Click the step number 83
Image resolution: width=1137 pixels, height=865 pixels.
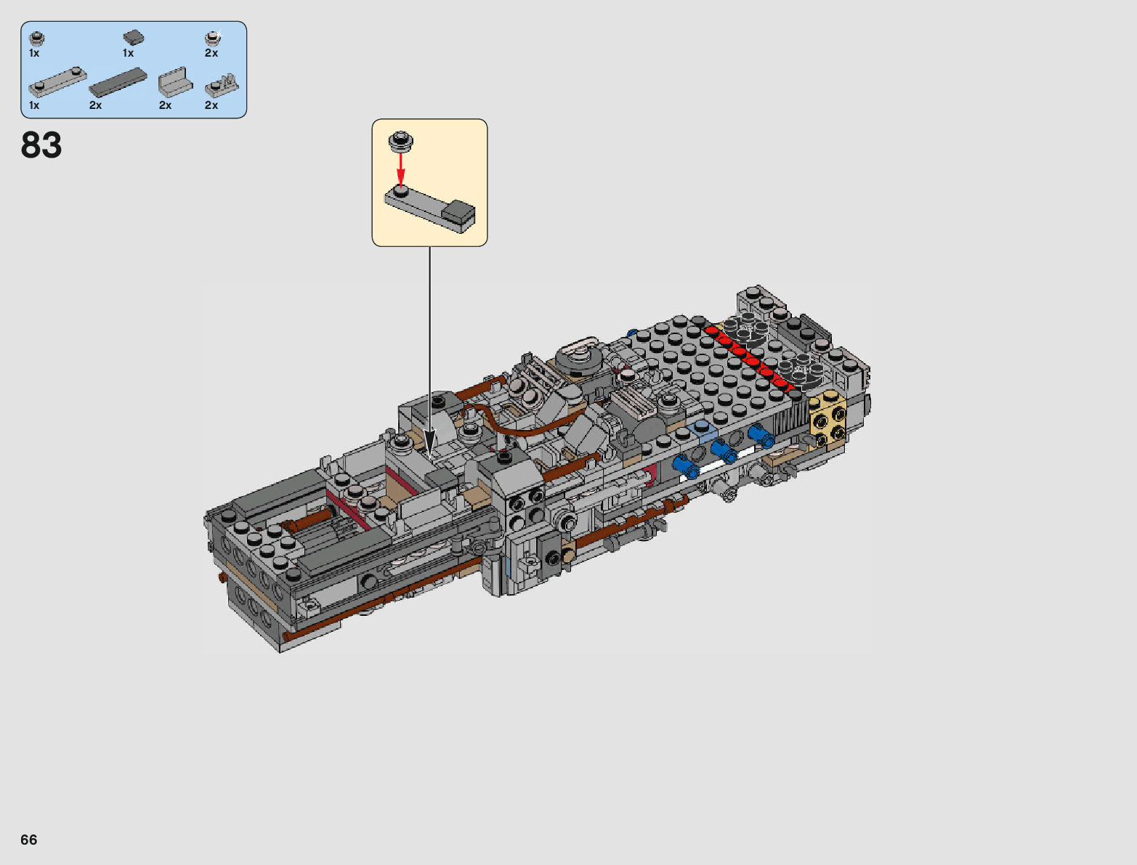[x=41, y=145]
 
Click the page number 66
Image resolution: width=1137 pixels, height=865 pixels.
[x=29, y=840]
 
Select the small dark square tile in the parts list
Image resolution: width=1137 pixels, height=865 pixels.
[x=134, y=37]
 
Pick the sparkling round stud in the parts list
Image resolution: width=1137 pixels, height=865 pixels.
[x=213, y=38]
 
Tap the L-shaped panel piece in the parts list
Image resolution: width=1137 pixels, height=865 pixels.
[x=175, y=82]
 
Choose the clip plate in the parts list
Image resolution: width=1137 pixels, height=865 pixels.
[x=222, y=86]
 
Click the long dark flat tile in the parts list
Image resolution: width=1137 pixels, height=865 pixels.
[x=118, y=82]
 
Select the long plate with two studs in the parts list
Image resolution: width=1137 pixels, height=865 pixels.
[x=57, y=82]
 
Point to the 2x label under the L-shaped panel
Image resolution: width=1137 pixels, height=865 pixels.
[x=165, y=105]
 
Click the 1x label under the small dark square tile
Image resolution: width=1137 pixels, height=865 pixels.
[x=128, y=53]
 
